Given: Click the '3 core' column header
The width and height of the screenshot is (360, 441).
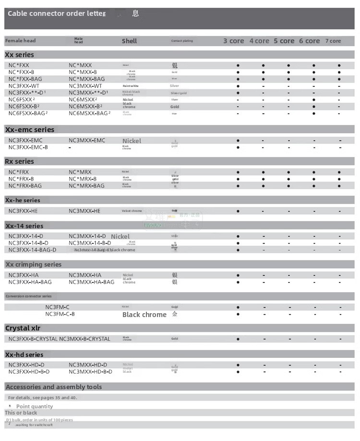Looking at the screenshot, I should (234, 41).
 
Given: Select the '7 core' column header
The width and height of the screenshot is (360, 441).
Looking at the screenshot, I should (333, 41).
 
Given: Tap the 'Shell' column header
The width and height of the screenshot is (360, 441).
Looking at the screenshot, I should (129, 41).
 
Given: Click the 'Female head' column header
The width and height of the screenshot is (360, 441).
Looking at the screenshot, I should (21, 41).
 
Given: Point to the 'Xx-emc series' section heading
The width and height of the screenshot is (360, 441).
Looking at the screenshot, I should (30, 130).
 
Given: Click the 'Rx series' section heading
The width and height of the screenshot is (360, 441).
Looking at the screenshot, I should (20, 161).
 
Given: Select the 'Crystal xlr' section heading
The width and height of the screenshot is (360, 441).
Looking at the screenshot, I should (23, 328).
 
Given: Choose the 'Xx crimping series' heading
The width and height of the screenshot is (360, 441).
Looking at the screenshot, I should (34, 264).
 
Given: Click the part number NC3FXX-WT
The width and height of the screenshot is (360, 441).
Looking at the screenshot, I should (24, 86).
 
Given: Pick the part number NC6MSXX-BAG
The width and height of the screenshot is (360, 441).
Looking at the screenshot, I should (89, 113).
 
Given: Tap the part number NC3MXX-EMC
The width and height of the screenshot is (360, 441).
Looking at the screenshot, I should (87, 140).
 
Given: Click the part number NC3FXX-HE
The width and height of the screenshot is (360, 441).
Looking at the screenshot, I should (23, 211).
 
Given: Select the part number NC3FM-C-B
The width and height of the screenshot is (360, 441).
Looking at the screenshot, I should (60, 314).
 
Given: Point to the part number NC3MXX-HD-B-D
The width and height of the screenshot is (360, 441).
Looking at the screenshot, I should (91, 371).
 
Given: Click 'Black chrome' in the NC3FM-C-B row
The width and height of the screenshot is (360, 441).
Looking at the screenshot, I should (144, 315).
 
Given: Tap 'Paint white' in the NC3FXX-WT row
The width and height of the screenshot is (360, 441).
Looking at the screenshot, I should (131, 86).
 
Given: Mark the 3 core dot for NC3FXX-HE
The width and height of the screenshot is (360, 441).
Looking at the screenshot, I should (238, 211).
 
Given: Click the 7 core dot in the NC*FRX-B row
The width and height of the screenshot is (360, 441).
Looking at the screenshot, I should (339, 179).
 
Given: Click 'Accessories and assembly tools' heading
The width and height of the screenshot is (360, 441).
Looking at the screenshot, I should (54, 387).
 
